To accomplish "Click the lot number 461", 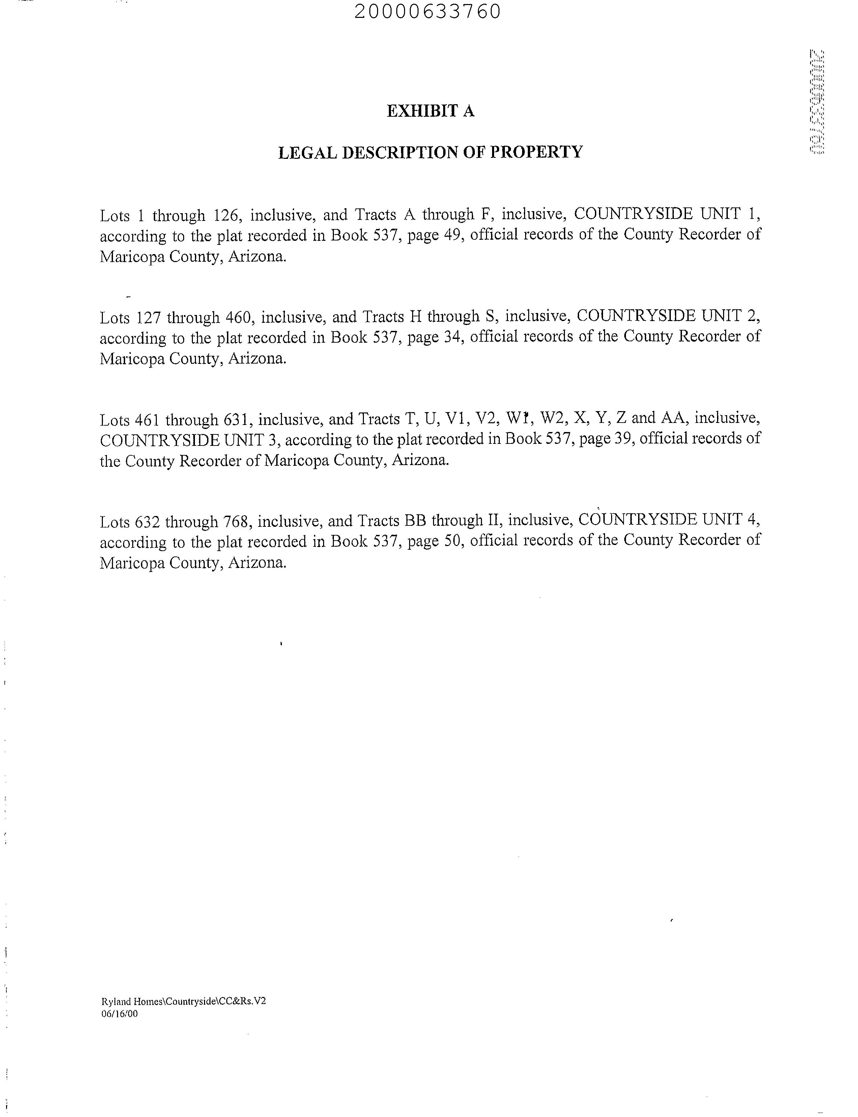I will [x=148, y=420].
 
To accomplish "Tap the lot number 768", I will [x=236, y=521].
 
